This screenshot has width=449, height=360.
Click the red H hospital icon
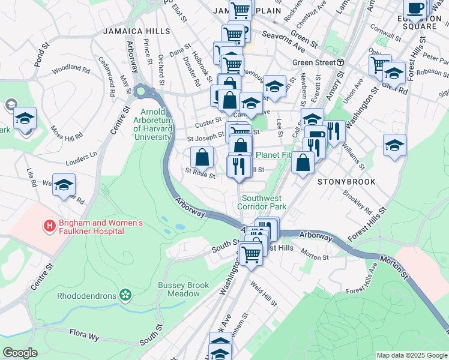coord(50,226)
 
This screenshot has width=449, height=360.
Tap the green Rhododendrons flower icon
coord(125,295)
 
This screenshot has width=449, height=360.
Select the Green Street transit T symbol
coord(340,62)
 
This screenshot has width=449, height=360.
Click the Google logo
coord(19,352)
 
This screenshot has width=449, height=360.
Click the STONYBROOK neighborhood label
coord(346,181)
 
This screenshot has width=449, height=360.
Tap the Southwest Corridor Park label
coord(264,202)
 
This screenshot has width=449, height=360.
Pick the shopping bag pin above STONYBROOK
coord(303,162)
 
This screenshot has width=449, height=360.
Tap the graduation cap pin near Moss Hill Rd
coord(25,118)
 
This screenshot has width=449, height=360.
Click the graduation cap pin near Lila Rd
coord(64,185)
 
